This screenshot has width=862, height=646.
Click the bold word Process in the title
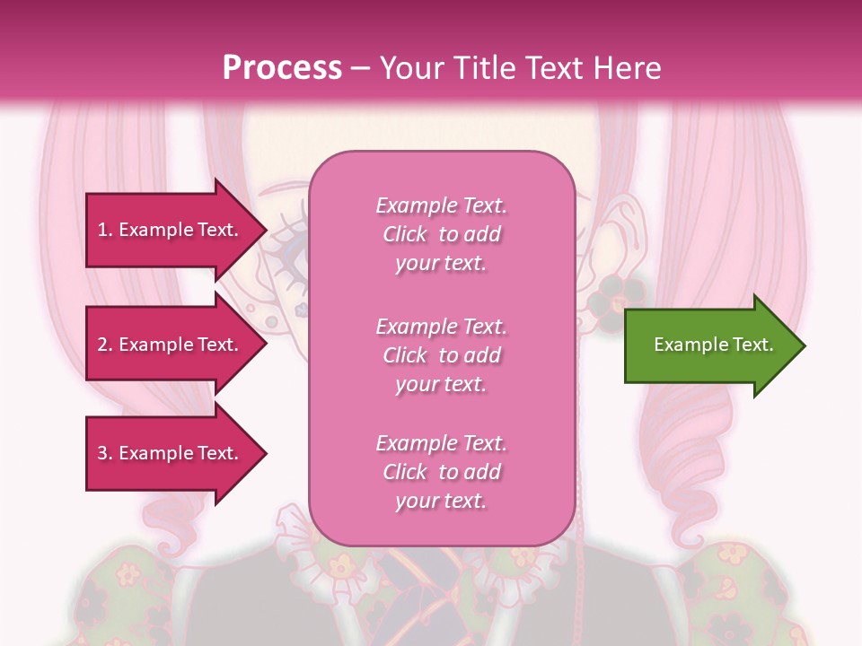point(282,68)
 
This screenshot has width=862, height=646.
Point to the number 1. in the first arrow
point(105,230)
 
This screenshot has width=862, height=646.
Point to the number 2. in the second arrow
point(105,345)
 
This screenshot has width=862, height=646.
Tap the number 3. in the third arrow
point(105,453)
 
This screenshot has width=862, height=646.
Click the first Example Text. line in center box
point(441,205)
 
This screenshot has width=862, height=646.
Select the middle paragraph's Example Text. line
point(441,327)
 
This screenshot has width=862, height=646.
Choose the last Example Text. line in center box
point(441,443)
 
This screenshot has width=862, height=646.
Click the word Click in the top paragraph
point(405,234)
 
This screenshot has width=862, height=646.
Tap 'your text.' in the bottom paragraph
point(441,501)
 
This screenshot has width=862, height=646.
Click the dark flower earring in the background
point(620,289)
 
